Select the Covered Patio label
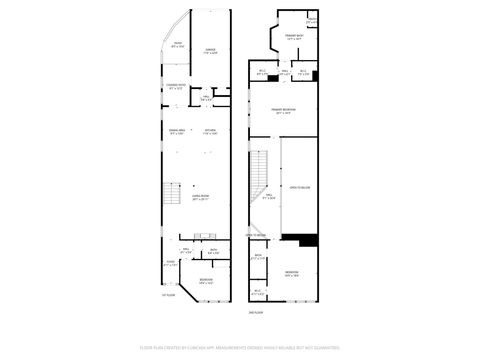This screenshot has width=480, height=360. click(175, 88)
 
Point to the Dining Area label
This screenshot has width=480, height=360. click(177, 131)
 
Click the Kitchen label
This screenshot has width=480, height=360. click(211, 131)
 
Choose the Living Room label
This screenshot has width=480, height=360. click(201, 198)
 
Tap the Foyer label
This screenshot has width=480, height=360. click(170, 263)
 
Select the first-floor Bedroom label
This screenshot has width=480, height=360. click(205, 280)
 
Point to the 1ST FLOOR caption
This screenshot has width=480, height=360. click(169, 295)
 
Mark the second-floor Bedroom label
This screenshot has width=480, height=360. click(291, 272)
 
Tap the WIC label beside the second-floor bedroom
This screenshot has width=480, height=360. click(258, 293)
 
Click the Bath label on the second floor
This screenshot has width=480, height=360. click(258, 257)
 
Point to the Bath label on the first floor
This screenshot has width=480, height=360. click(213, 251)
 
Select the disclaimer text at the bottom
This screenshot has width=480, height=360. click(240, 349)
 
